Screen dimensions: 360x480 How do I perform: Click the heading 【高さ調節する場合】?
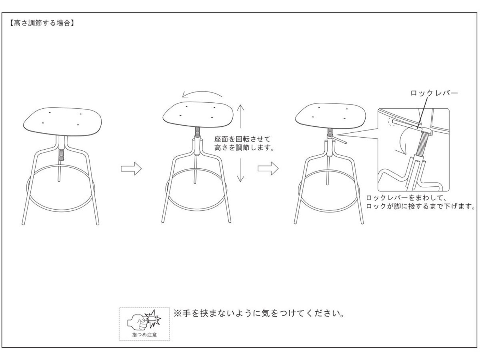(40, 23)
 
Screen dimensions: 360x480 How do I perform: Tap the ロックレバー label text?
(434, 93)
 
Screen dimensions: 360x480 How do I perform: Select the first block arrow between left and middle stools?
(131, 169)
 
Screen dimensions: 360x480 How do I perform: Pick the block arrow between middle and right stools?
(268, 169)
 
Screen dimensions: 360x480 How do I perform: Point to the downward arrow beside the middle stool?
(241, 169)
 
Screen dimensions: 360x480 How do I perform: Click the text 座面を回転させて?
(242, 139)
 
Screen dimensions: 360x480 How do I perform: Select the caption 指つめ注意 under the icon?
(144, 334)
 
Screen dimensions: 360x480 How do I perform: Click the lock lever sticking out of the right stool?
(340, 140)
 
